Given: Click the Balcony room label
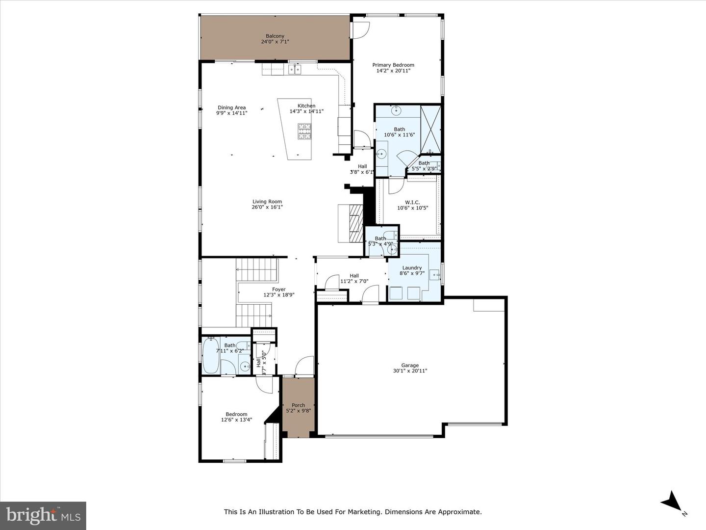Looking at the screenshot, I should pos(275,36).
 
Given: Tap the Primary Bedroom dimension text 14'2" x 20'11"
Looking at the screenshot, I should pos(393,71).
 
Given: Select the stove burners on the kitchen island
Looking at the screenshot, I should pos(304,132).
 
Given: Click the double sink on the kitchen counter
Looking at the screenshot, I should pos(295,70).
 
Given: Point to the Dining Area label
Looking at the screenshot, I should pos(231,107).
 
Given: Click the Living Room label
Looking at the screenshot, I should pos(267,201).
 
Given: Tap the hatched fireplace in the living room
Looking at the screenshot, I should pos(355,222).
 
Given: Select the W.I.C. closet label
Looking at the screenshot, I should pos(412,202).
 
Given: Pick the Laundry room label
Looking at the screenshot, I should pos(412,268).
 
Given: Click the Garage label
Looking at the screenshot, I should pos(410,365).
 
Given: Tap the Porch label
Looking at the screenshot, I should pos(298,405).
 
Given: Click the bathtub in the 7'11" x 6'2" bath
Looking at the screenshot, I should pos(211,355).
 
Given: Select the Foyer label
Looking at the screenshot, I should pos(278,290).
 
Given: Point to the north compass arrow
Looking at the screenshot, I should pos(672,502).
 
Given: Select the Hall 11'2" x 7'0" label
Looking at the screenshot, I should pos(354,276).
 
